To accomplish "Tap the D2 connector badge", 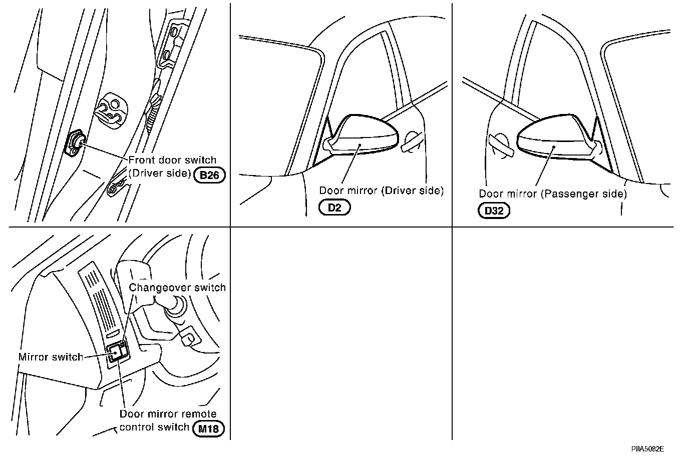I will (x=334, y=207).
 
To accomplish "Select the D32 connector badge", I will (x=494, y=210).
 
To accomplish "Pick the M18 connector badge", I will (x=208, y=428).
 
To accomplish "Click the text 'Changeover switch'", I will (x=177, y=287).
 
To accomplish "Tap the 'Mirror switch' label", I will (x=51, y=357).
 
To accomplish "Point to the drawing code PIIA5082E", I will (x=649, y=449).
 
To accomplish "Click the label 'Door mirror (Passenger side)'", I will (x=553, y=194).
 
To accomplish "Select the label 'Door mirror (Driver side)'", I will (x=382, y=190).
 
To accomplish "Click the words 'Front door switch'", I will (x=172, y=160).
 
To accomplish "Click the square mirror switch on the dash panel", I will (x=116, y=352).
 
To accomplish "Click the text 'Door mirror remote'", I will (x=168, y=414).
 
